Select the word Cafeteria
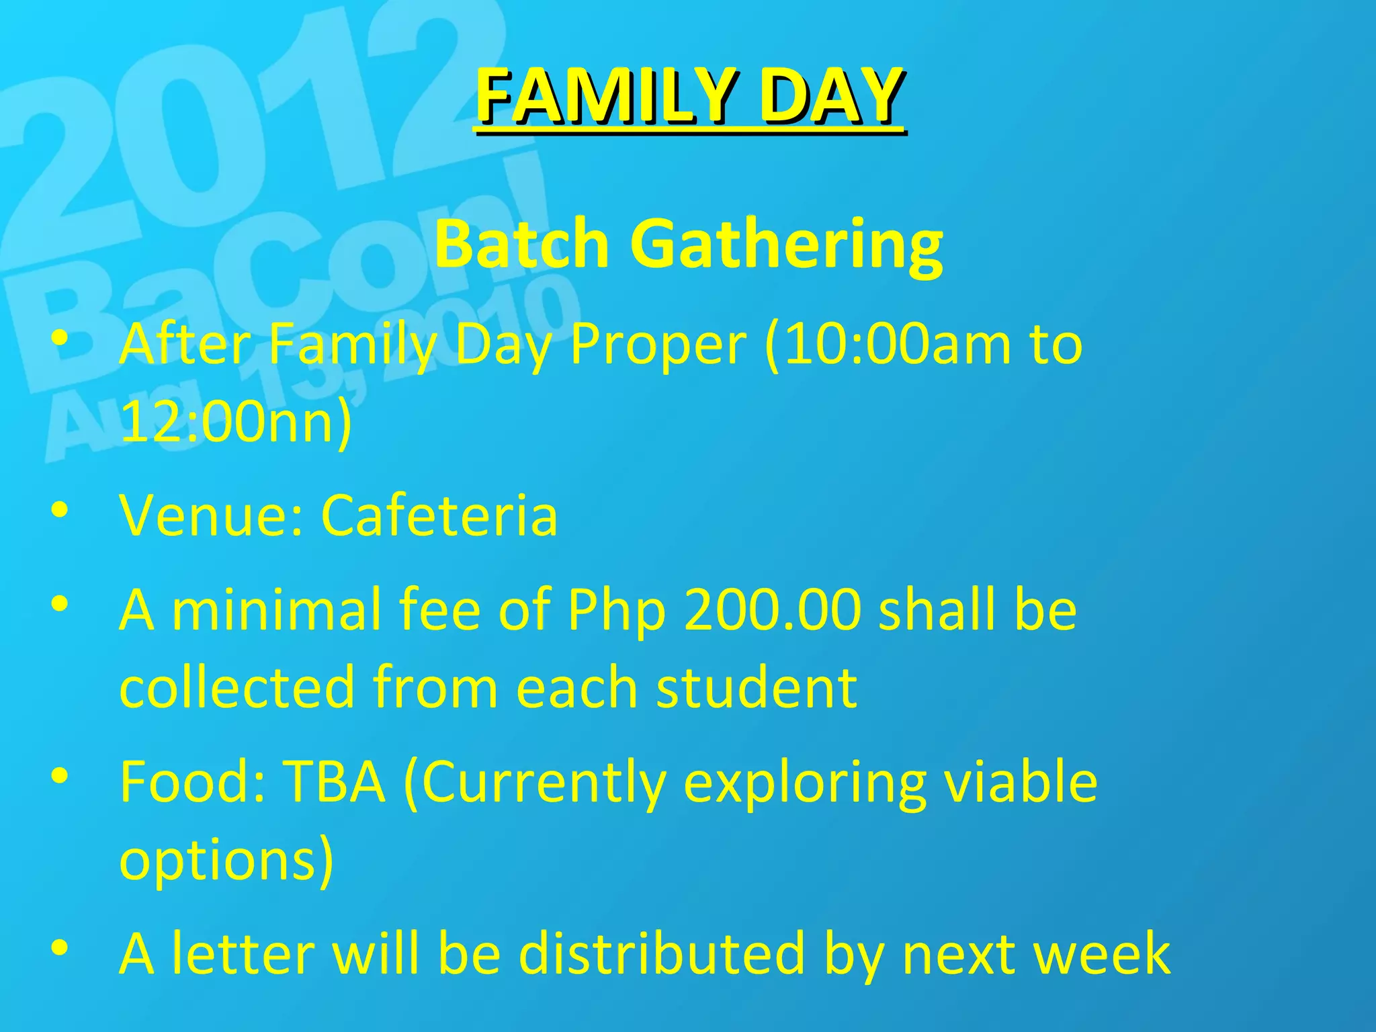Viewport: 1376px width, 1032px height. pyautogui.click(x=439, y=516)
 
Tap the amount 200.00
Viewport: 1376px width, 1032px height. pyautogui.click(x=772, y=610)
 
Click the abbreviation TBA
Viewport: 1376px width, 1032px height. pyautogui.click(x=334, y=782)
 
